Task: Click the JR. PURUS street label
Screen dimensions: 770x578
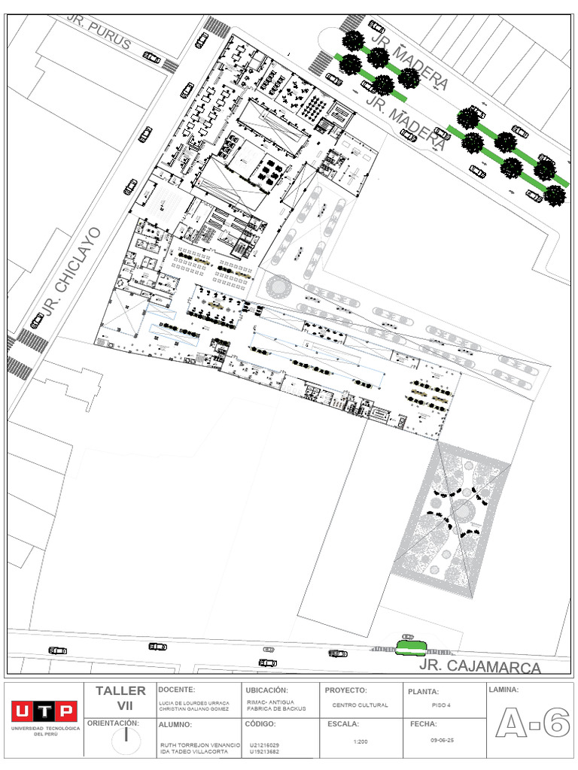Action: point(99,32)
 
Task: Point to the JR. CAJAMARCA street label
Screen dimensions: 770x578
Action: point(480,666)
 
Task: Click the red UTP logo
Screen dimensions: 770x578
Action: point(43,711)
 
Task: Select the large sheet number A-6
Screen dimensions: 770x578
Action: point(531,724)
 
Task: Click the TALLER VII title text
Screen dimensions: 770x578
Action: point(121,698)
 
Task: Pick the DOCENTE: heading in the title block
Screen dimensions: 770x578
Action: point(177,690)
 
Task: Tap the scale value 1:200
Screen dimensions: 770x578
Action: point(360,741)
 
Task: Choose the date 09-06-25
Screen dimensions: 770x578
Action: point(442,741)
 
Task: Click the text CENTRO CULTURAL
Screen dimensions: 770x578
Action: point(360,705)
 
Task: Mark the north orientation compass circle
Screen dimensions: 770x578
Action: point(126,740)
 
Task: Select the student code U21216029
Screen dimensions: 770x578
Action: point(263,745)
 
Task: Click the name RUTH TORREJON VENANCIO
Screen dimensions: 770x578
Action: point(199,745)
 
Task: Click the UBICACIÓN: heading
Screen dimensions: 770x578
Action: point(266,690)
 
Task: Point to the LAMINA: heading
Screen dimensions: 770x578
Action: point(503,690)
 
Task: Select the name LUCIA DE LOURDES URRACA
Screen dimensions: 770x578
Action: point(194,705)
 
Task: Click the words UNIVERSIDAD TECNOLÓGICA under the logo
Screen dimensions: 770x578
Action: point(44,730)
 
